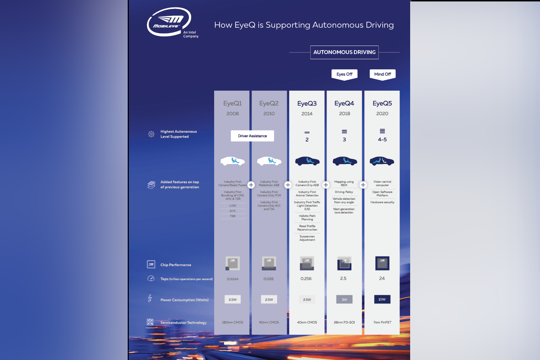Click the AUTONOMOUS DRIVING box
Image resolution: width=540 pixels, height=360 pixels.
(x=344, y=52)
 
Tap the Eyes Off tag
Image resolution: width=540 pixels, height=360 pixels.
(x=344, y=74)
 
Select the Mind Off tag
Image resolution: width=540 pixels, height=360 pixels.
(x=382, y=74)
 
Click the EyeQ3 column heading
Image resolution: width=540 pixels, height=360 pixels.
(x=307, y=104)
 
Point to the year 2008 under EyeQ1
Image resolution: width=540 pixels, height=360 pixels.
(x=233, y=113)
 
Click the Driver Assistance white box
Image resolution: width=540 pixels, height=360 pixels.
(x=252, y=136)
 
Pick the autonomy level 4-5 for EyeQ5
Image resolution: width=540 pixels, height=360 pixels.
(x=382, y=139)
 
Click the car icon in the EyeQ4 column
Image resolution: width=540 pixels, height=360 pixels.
(x=344, y=161)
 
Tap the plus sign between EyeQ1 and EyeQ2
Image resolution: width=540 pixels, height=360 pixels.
(x=251, y=185)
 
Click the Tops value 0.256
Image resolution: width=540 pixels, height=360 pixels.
(x=306, y=279)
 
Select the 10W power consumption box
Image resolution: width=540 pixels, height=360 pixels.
(x=382, y=299)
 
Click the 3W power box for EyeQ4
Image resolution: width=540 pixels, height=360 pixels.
(x=344, y=299)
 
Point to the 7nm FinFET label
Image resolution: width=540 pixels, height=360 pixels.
(x=382, y=322)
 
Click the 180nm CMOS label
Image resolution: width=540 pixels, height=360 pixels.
(x=233, y=322)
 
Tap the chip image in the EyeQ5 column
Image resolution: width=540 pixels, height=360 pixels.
(x=382, y=263)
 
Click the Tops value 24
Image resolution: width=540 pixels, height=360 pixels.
(x=382, y=278)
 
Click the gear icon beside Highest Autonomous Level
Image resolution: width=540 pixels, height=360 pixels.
(x=151, y=134)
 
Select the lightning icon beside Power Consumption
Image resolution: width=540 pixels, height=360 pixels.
(x=150, y=298)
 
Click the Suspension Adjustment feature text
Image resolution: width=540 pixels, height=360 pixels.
(x=307, y=238)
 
